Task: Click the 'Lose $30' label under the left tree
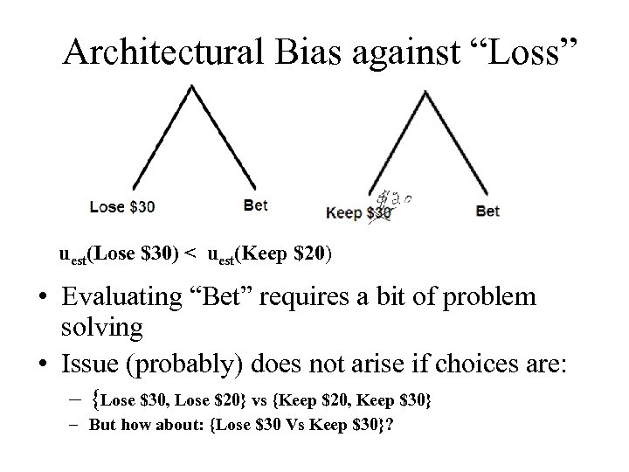click(x=122, y=207)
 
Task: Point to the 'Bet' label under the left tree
click(x=255, y=205)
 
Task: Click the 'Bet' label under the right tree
click(x=487, y=212)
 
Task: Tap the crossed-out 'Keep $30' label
click(x=358, y=212)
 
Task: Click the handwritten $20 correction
click(x=397, y=199)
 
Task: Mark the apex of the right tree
click(x=425, y=91)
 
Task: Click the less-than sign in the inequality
click(x=190, y=254)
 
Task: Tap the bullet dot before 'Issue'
click(x=41, y=359)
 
